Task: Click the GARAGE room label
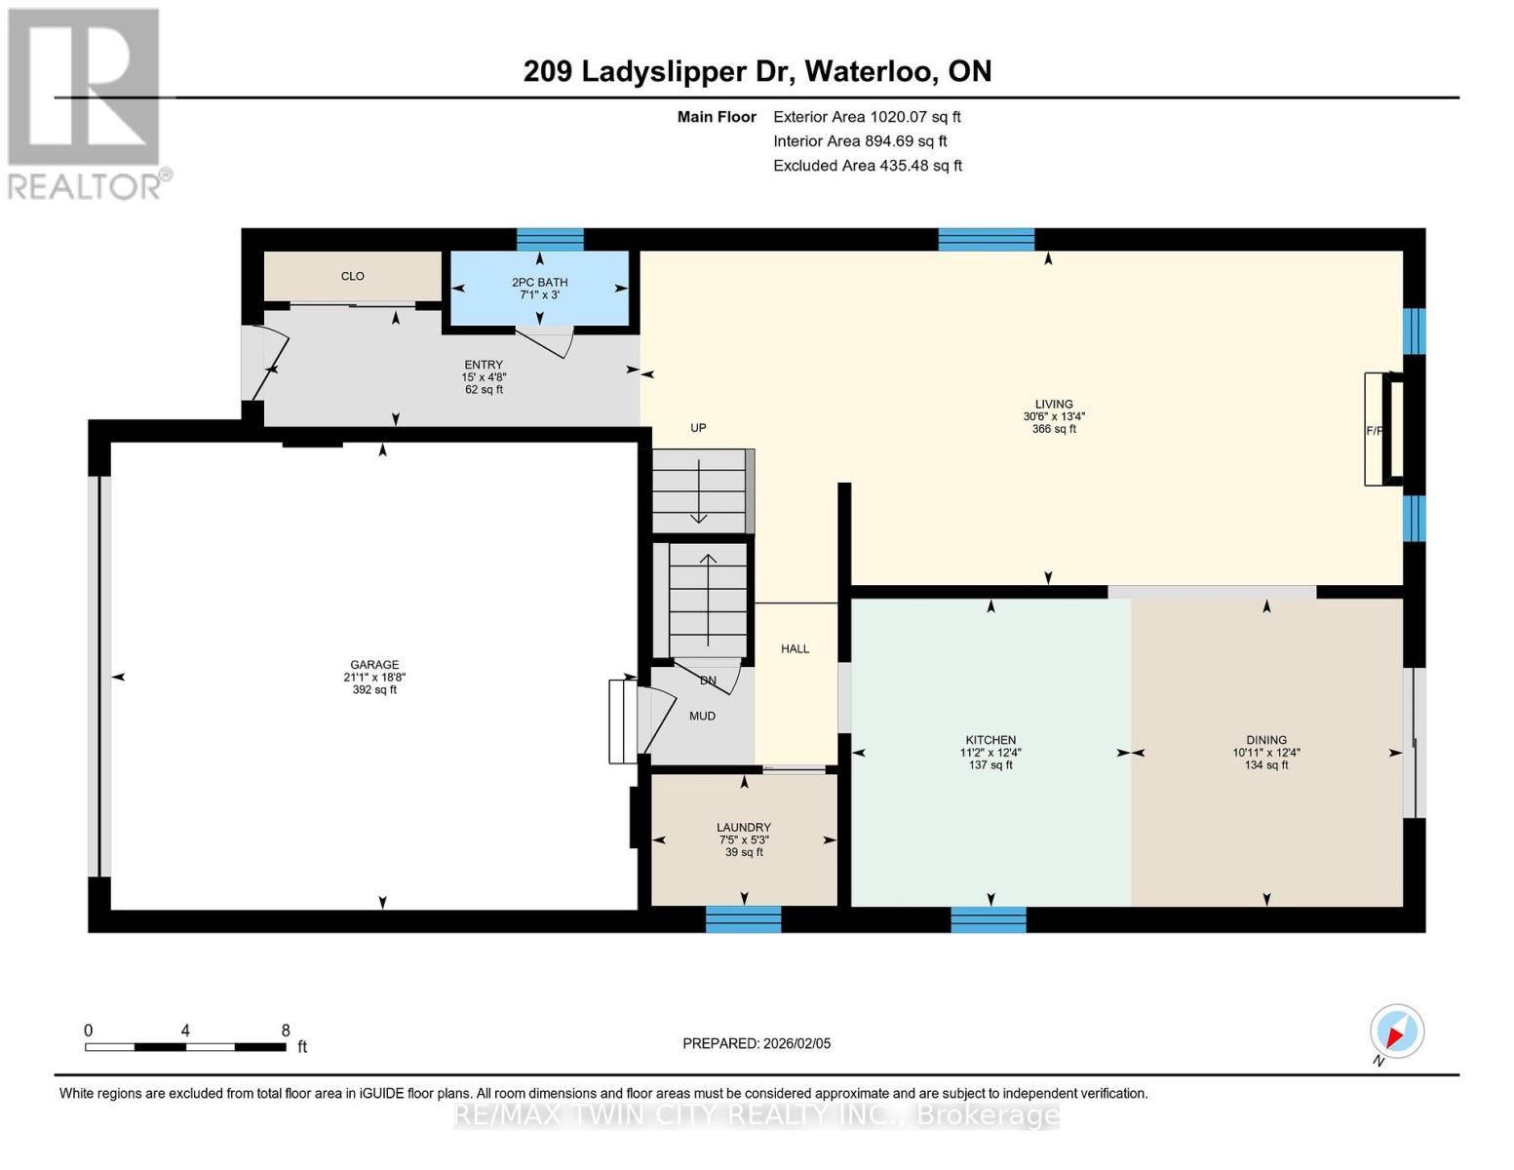[374, 665]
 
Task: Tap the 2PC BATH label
[539, 282]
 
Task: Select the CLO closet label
[352, 276]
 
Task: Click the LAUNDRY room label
[743, 827]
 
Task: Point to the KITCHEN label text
[990, 740]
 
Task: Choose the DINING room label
[1265, 740]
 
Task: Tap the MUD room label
[702, 716]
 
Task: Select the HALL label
[795, 648]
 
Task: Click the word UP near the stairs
[698, 427]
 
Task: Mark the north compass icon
[1396, 1032]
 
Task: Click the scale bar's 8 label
[285, 1030]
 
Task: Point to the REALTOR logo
[86, 102]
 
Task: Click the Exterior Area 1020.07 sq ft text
[867, 116]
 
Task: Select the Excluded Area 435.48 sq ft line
[868, 166]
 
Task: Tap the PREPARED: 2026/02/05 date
[757, 1043]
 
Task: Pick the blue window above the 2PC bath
[550, 239]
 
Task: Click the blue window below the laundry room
[743, 918]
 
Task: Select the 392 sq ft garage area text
[374, 690]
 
